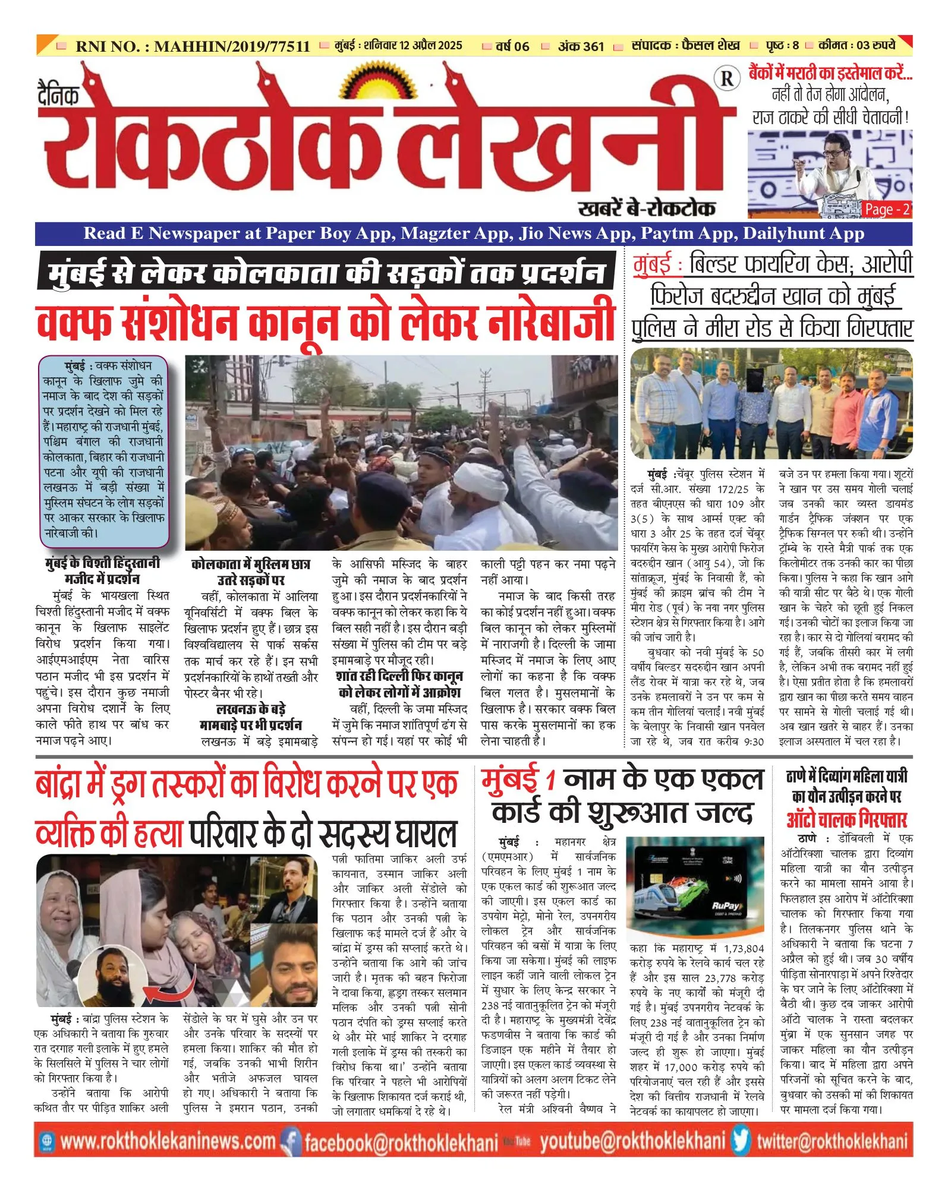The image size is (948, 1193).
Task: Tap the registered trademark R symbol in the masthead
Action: coord(726,79)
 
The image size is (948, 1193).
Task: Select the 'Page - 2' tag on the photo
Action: coord(886,209)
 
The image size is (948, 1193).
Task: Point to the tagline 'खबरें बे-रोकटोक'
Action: coord(646,208)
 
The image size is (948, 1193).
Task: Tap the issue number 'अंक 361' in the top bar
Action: coord(581,46)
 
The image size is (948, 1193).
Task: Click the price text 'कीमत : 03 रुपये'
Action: coord(856,45)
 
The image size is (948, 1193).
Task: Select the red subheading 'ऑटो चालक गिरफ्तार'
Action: coord(846,820)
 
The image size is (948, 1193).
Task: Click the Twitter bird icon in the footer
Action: coord(741,1141)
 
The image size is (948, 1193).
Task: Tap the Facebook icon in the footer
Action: coord(291,1142)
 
